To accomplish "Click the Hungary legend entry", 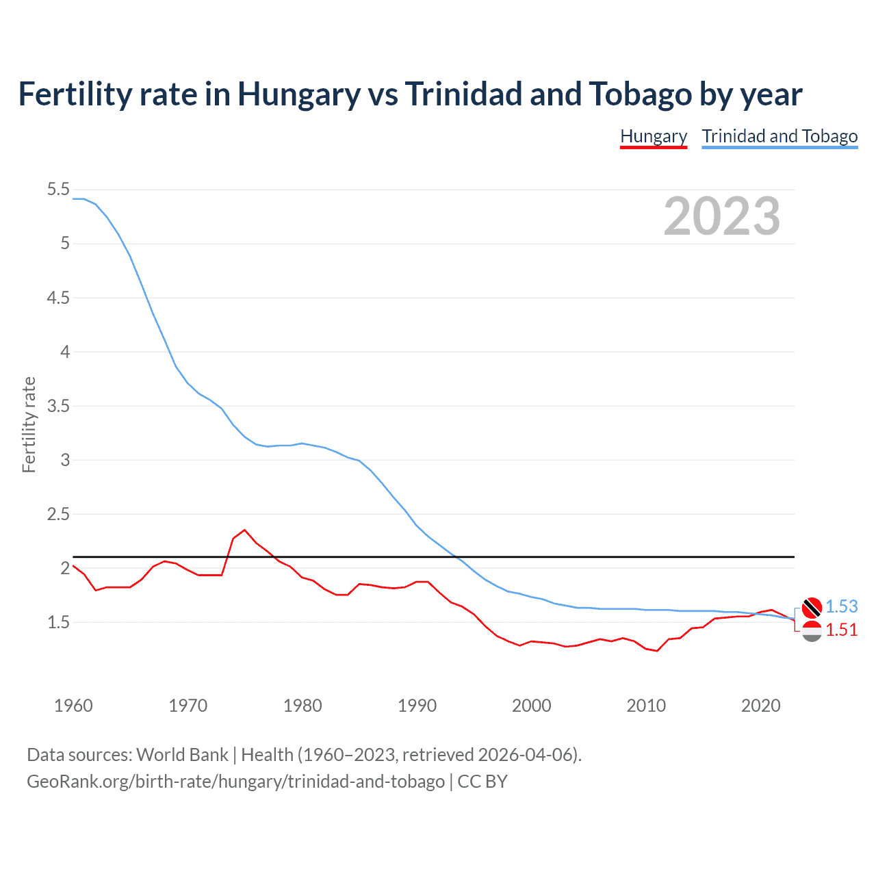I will point(653,136).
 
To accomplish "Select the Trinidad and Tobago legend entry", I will point(780,136).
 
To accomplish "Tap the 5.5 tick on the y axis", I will point(58,190).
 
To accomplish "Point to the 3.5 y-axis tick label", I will point(58,406).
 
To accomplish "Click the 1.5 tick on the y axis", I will point(58,623).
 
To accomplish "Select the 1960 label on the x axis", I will point(73,706).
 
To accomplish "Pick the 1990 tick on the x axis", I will point(417,706).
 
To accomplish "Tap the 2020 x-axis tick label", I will point(760,706).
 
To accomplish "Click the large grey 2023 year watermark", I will point(721,216).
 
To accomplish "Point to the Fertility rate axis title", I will point(29,424).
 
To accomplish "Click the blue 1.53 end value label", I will point(841,607).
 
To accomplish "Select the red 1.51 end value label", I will point(841,630).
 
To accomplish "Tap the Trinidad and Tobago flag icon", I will point(812,607).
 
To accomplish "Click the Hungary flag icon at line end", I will point(812,631).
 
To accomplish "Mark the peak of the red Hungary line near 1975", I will point(245,530).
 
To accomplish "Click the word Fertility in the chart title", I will point(74,94).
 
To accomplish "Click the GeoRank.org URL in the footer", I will point(235,782).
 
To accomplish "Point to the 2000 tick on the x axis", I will point(531,706).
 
